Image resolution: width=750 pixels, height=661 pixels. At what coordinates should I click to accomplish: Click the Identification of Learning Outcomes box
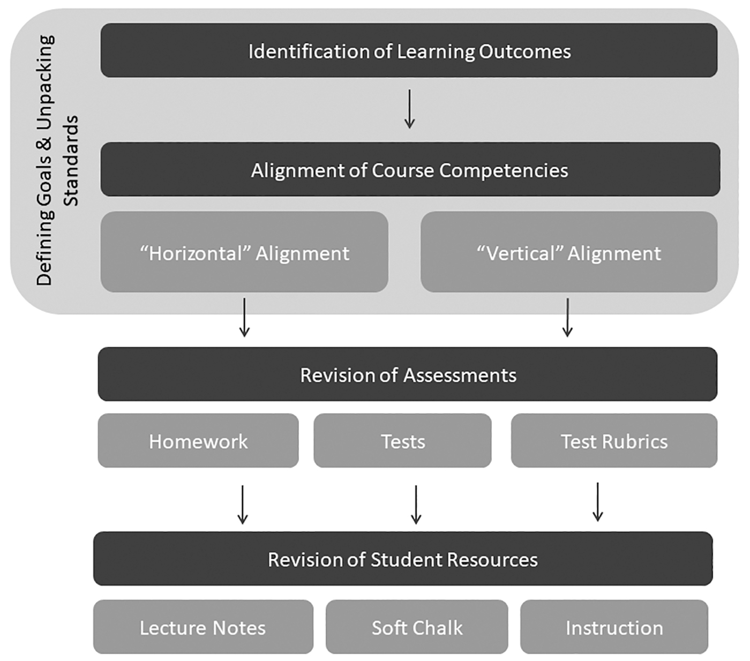(409, 50)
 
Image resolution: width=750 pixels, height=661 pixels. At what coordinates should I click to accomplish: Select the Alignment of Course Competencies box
(410, 169)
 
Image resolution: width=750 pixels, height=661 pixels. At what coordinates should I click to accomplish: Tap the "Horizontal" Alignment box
(244, 252)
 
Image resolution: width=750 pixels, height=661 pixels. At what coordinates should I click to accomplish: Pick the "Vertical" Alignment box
(568, 252)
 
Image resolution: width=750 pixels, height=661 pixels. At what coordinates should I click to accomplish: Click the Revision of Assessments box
(407, 374)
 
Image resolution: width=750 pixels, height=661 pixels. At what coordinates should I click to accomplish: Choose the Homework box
(198, 441)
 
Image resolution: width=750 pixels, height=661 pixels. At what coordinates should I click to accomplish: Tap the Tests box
(402, 441)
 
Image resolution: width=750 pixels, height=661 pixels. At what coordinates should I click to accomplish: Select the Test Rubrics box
(614, 441)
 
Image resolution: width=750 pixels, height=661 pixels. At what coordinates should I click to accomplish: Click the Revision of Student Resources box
(402, 559)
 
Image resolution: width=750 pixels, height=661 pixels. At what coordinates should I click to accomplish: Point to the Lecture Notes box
(203, 627)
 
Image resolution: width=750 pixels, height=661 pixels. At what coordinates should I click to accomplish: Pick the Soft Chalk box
(417, 627)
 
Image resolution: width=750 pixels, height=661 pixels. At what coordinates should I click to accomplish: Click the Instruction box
(614, 627)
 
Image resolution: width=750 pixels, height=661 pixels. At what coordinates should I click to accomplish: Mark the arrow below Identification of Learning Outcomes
(409, 109)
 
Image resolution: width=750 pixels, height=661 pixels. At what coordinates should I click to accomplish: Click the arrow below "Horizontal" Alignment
(244, 318)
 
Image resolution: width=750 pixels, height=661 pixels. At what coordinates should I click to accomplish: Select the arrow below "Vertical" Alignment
(567, 318)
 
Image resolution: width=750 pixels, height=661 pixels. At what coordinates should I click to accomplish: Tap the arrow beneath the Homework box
(242, 504)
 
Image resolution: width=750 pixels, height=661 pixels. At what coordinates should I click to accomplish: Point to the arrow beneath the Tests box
(416, 504)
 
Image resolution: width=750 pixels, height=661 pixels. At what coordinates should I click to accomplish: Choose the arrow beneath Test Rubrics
(597, 502)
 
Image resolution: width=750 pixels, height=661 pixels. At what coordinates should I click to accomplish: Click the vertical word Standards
(71, 161)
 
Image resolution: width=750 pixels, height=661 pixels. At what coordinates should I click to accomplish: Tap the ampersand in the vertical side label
(44, 144)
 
